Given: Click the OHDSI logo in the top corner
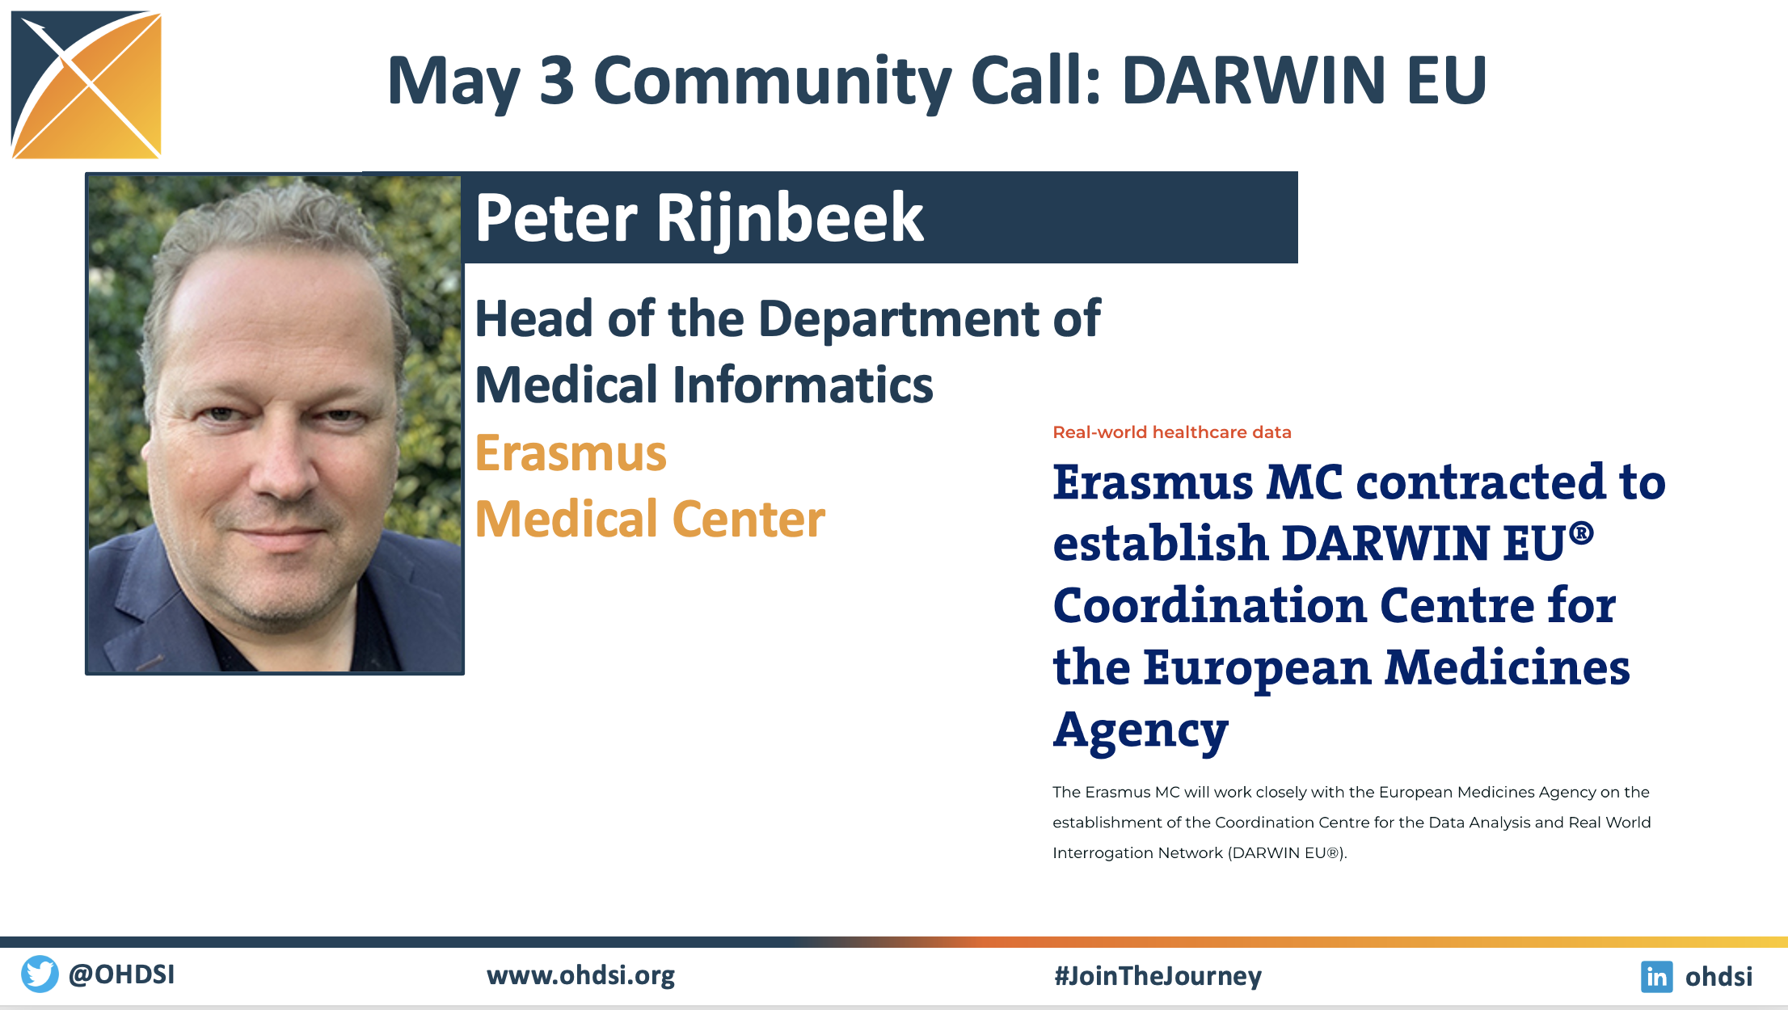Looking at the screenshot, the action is click(x=86, y=84).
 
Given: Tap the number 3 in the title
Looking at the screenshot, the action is click(x=557, y=80).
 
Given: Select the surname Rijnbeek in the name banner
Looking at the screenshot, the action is click(x=790, y=219).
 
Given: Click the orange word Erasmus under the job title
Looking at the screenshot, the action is click(x=571, y=452).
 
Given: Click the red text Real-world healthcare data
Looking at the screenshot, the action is click(x=1172, y=432).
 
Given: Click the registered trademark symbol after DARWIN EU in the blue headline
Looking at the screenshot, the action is click(x=1581, y=532).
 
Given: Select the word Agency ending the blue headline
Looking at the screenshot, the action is click(x=1141, y=731).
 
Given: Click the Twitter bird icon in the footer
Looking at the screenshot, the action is click(x=40, y=974).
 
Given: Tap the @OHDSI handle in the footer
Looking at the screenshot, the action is click(x=121, y=974).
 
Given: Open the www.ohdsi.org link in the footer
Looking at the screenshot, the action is click(x=580, y=976).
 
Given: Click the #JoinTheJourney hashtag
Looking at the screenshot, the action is click(x=1158, y=976).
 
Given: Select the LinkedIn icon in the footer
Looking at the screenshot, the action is click(x=1656, y=976).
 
